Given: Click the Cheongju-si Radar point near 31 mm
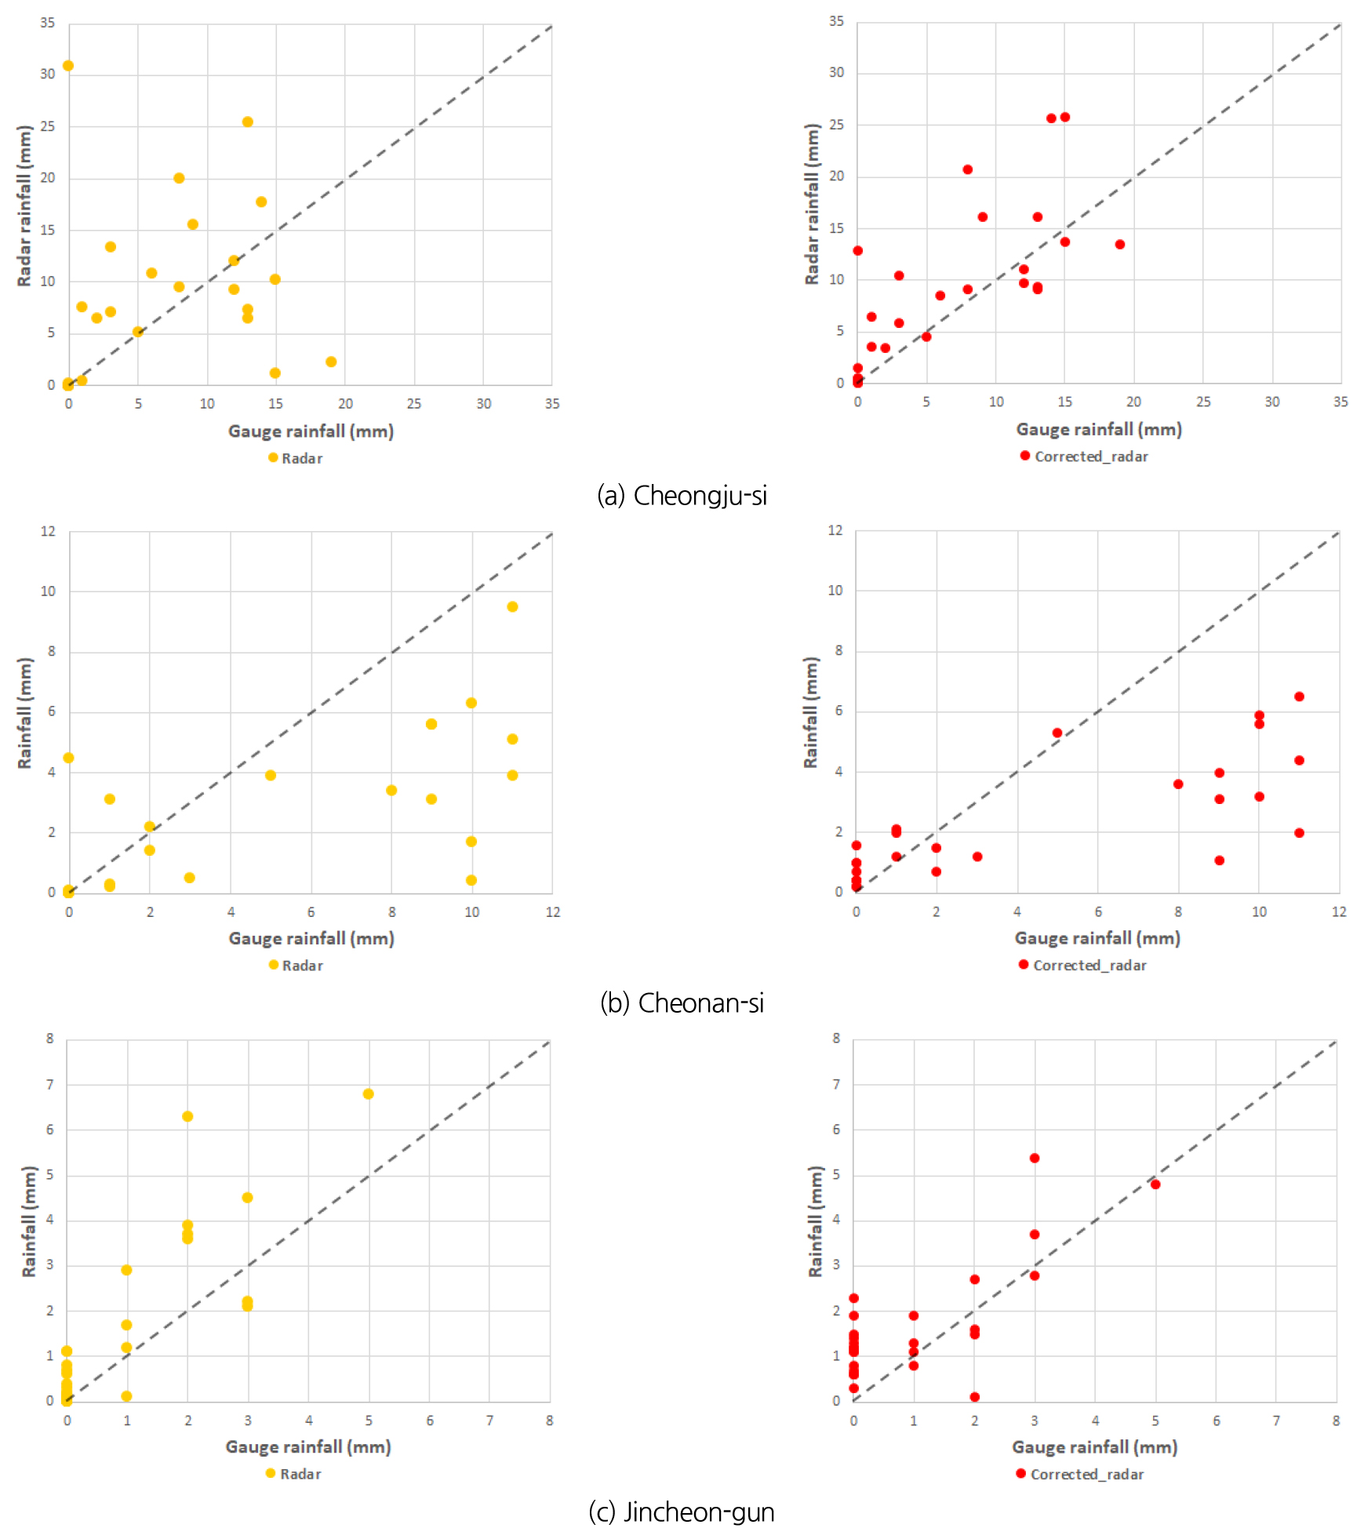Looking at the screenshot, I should pos(68,66).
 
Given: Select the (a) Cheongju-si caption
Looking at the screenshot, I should pos(682,496).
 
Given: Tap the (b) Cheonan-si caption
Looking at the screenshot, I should pos(682,1003).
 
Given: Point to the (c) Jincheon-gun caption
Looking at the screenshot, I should pos(682,1512).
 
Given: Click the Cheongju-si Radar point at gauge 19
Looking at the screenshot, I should pos(331,362).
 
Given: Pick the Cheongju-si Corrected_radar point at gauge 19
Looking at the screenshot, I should pos(1120,245).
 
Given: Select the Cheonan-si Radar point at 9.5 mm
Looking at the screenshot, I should pos(512,606).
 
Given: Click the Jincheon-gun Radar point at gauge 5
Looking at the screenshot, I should pos(369,1093).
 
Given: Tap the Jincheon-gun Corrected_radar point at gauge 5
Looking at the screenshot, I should pos(1155,1184).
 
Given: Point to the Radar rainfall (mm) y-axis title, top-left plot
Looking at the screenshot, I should pos(24,206).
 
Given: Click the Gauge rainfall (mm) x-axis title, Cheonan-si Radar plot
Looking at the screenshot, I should pos(311,938).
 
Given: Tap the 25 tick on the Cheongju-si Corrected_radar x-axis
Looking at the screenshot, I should pos(1203,402).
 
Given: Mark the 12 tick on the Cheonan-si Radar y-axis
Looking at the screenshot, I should pos(49,531).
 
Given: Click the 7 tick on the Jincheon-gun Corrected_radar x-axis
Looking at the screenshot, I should pos(1276,1421).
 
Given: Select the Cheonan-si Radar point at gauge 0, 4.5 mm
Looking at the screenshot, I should pos(68,758).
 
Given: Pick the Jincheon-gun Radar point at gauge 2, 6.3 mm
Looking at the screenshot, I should pos(187,1116).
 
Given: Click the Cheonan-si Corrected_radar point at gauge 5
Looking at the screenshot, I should pos(1057,733).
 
